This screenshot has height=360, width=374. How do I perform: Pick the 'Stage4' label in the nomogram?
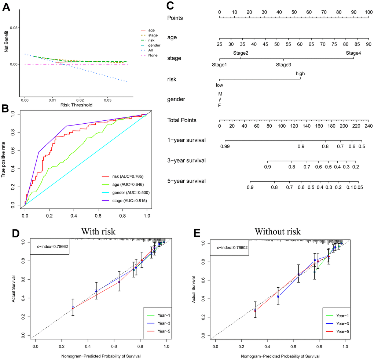(353, 53)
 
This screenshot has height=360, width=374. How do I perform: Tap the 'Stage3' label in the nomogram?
(283, 65)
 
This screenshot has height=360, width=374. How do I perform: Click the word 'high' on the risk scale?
(300, 73)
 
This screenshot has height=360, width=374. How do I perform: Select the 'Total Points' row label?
(181, 120)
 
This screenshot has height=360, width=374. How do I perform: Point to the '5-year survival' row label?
(186, 181)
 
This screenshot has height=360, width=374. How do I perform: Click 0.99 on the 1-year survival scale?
(225, 146)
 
